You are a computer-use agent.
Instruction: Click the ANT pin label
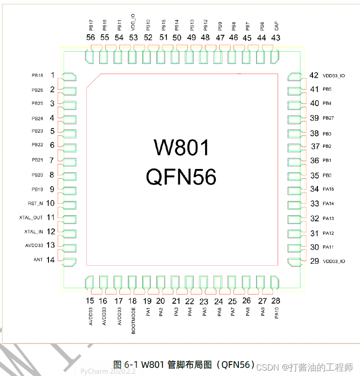point(38,260)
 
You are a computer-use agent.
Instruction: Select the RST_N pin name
point(35,203)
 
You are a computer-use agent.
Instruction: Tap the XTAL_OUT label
point(31,218)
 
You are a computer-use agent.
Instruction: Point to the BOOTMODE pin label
point(134,321)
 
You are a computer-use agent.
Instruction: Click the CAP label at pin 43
point(276,27)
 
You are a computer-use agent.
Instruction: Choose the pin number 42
point(314,76)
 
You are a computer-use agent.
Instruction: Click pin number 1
point(53,75)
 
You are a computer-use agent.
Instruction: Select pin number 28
point(276,301)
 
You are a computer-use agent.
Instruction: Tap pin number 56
point(91,38)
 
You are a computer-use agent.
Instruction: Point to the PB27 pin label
point(328,118)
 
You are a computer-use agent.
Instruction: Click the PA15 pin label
point(328,189)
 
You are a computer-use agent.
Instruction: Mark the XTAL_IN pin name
point(33,232)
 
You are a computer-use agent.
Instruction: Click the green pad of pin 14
point(69,262)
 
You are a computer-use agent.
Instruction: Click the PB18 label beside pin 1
point(38,75)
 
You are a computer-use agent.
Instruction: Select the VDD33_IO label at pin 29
point(334,261)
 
